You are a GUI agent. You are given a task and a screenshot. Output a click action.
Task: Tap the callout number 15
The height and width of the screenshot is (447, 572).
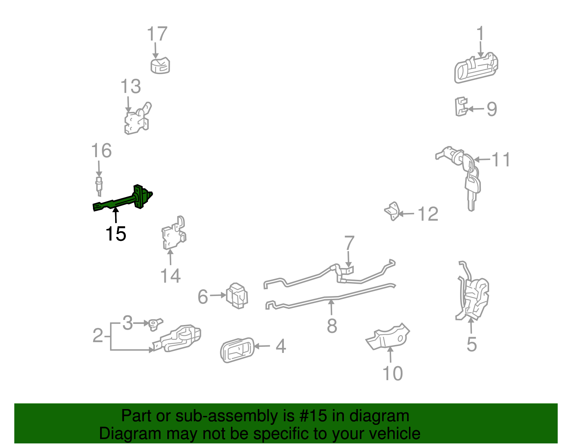coord(116,234)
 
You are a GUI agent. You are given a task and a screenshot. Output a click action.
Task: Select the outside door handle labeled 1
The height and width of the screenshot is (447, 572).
coord(476,68)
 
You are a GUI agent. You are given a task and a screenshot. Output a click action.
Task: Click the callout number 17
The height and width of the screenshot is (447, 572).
coord(157,34)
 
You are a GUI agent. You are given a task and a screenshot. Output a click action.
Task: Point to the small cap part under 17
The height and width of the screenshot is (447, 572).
coord(160,66)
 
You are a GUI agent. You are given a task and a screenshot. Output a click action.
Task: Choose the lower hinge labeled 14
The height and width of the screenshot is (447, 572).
coord(174,233)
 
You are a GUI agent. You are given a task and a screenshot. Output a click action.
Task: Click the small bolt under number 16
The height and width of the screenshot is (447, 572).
coord(99,186)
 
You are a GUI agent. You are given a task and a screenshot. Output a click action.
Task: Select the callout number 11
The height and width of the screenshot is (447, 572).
coord(501,160)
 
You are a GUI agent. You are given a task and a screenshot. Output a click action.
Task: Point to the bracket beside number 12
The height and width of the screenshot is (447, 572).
coord(392,211)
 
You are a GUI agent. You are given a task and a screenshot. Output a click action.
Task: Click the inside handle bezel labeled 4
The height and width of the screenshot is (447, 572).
coord(237,350)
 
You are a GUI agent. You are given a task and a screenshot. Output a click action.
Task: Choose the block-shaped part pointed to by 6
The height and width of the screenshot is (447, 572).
coord(237,296)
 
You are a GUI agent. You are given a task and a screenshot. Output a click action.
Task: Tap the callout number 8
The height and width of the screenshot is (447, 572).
coord(332,326)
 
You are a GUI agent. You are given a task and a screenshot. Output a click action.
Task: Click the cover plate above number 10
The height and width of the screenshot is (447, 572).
coord(388,336)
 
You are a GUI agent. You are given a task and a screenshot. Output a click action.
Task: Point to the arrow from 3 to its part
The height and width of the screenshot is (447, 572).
coord(141,323)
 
